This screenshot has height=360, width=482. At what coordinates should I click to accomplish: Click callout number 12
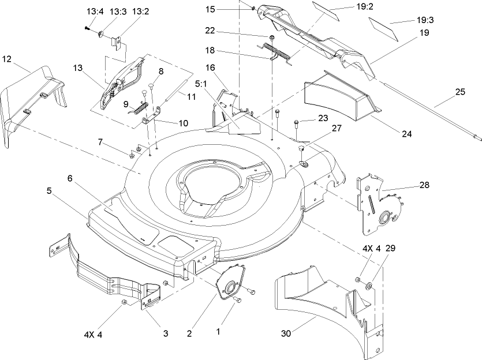point(7,58)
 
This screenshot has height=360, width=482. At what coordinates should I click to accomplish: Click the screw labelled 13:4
point(87,28)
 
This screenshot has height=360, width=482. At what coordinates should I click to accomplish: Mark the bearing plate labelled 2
point(229,284)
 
